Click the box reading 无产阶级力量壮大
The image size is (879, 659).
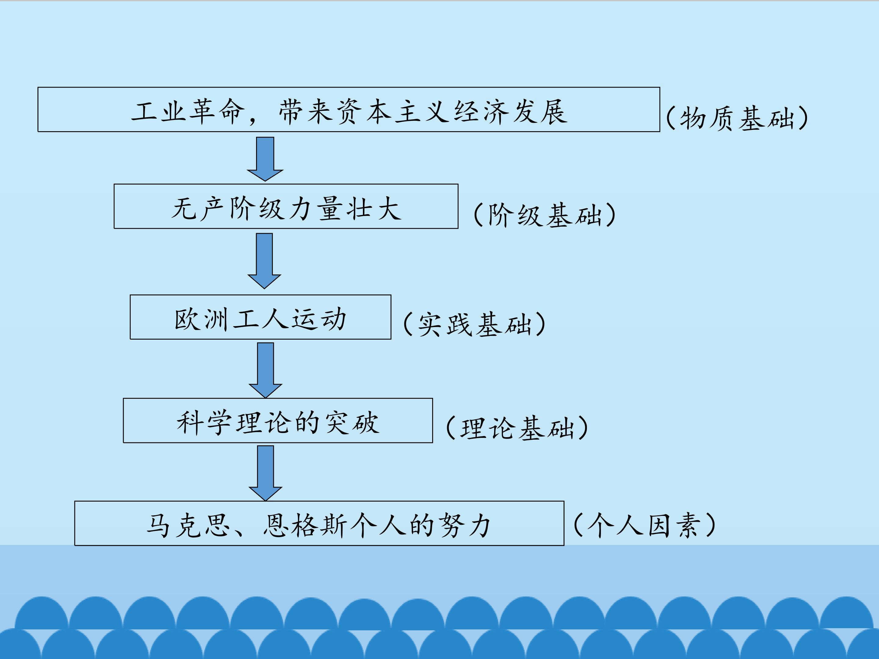click(x=286, y=206)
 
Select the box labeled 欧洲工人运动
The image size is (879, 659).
click(x=261, y=317)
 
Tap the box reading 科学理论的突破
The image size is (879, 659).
click(x=278, y=420)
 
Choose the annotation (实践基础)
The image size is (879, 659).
click(x=475, y=324)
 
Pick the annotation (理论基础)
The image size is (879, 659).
click(x=517, y=427)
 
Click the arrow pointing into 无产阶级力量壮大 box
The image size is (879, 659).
click(x=265, y=159)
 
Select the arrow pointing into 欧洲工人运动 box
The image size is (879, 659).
click(x=264, y=261)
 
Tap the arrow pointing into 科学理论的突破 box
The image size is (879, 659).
click(x=266, y=370)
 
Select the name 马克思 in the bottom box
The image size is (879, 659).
click(x=189, y=526)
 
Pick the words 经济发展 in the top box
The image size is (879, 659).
click(x=511, y=111)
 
